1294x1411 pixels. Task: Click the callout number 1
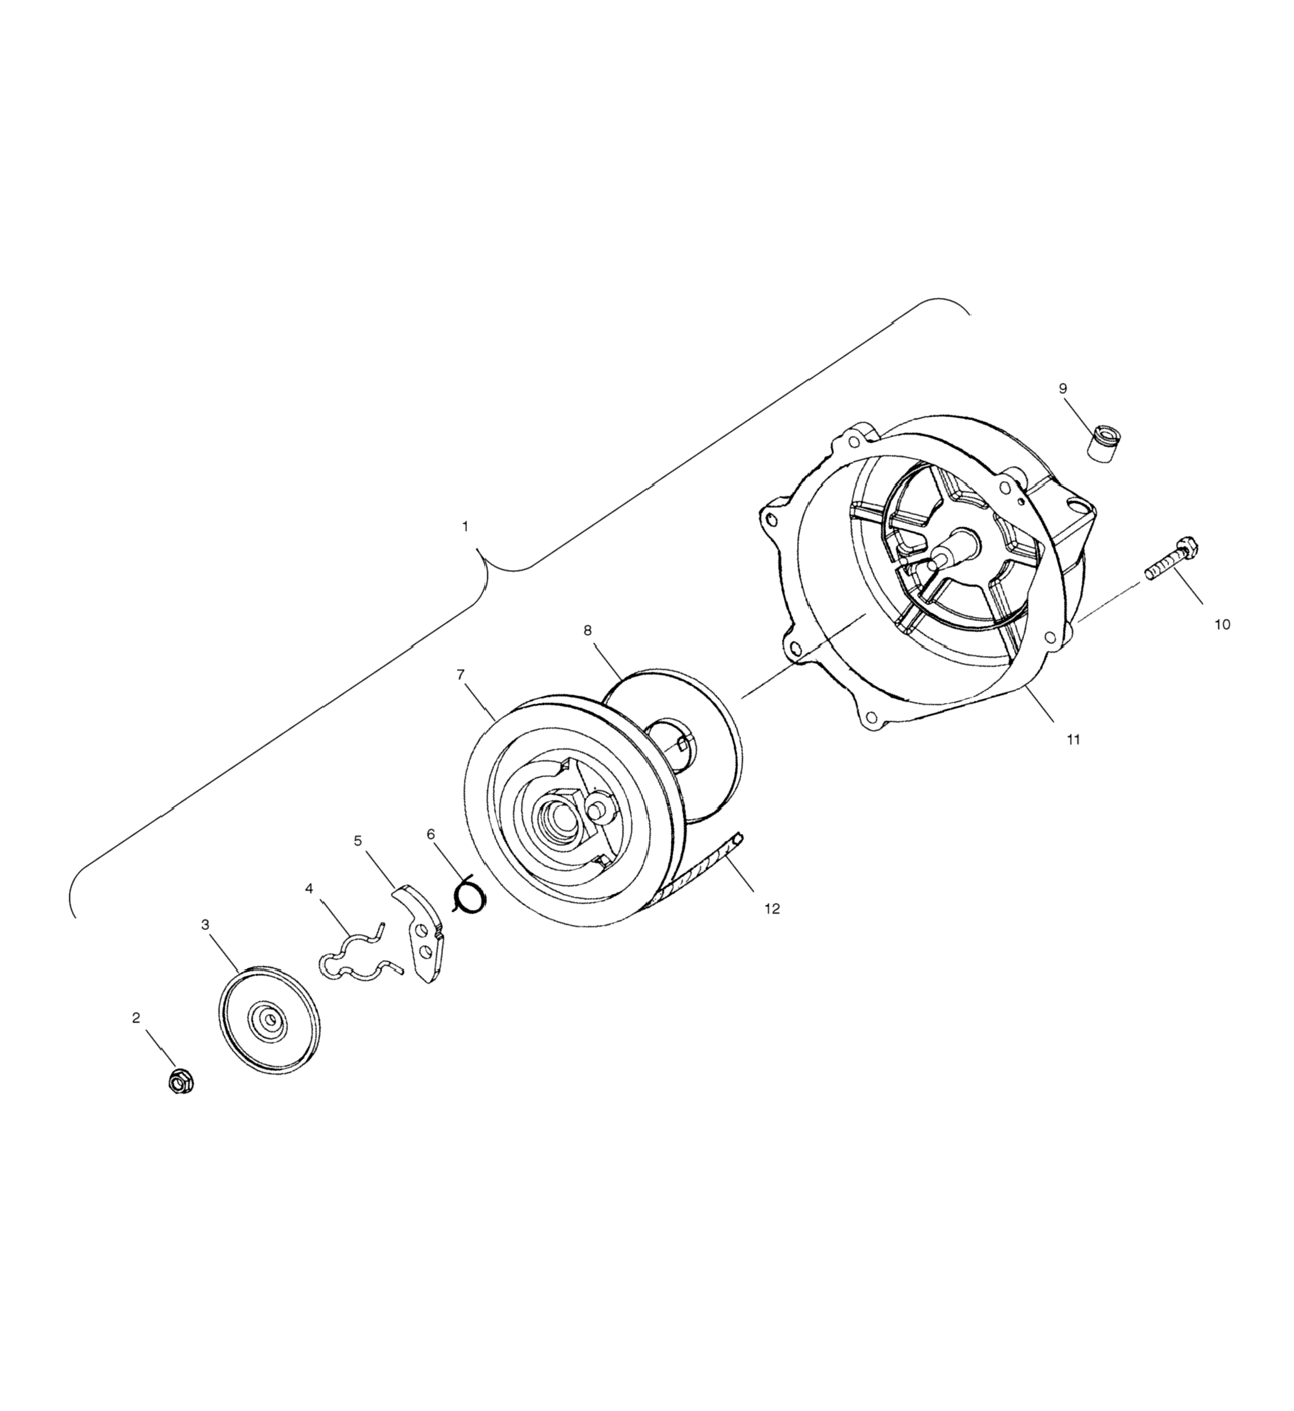point(465,526)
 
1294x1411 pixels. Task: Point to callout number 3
point(205,924)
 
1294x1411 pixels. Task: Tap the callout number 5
point(358,840)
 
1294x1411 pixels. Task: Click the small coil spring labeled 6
point(468,896)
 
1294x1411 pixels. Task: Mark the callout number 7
point(460,675)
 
